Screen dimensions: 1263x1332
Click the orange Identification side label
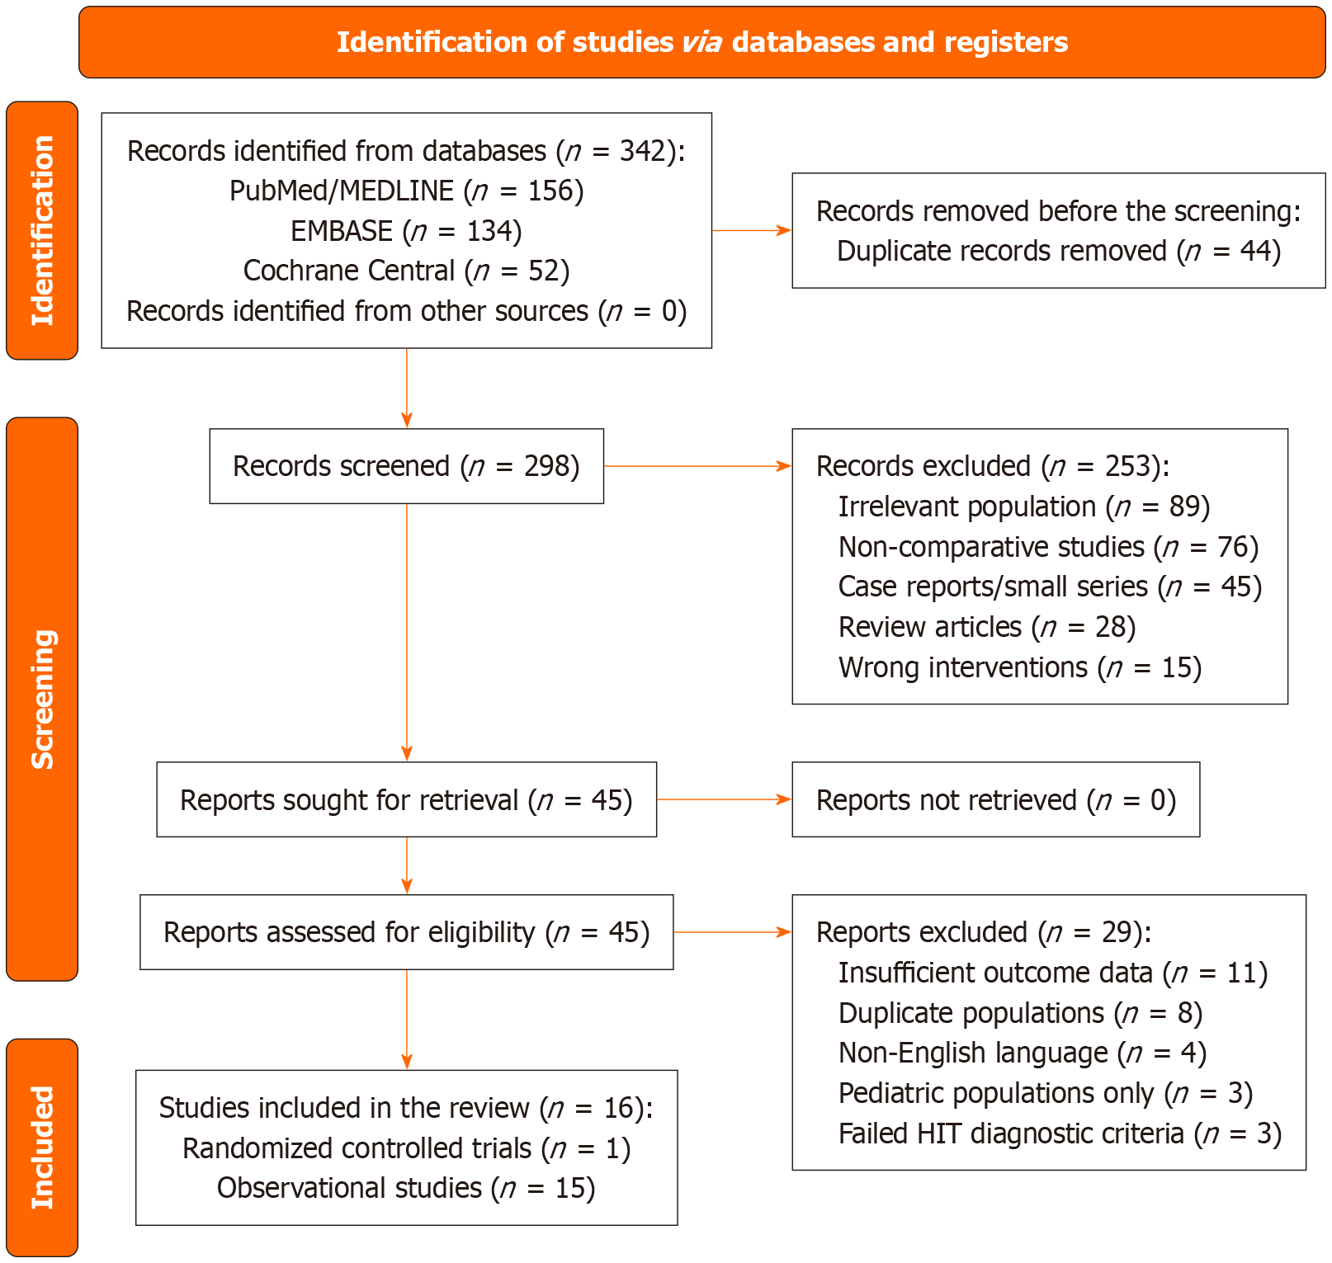42,231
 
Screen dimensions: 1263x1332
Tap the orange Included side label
42,1147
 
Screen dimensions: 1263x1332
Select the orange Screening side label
42,699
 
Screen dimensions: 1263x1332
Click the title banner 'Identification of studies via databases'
701,42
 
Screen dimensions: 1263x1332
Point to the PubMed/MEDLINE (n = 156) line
406,191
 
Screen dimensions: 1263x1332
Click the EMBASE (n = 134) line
406,231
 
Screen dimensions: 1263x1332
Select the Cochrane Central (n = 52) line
406,271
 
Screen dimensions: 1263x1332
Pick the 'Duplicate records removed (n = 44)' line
1058,251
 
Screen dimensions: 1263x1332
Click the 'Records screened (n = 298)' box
406,466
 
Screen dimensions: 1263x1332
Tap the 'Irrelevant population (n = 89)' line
1023,507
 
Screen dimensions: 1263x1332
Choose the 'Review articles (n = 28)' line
986,627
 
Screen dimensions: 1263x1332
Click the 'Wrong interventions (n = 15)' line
1019,667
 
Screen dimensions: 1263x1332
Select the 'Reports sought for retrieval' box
406,800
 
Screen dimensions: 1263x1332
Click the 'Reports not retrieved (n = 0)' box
995,800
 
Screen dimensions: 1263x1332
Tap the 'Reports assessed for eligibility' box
406,932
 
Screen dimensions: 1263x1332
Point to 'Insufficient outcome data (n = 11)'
1052,973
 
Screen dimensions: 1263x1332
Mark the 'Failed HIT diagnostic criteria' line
1060,1134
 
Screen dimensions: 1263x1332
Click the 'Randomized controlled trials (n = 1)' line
406,1148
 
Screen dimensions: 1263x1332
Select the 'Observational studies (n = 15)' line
406,1188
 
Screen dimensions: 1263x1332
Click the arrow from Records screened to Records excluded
697,466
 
